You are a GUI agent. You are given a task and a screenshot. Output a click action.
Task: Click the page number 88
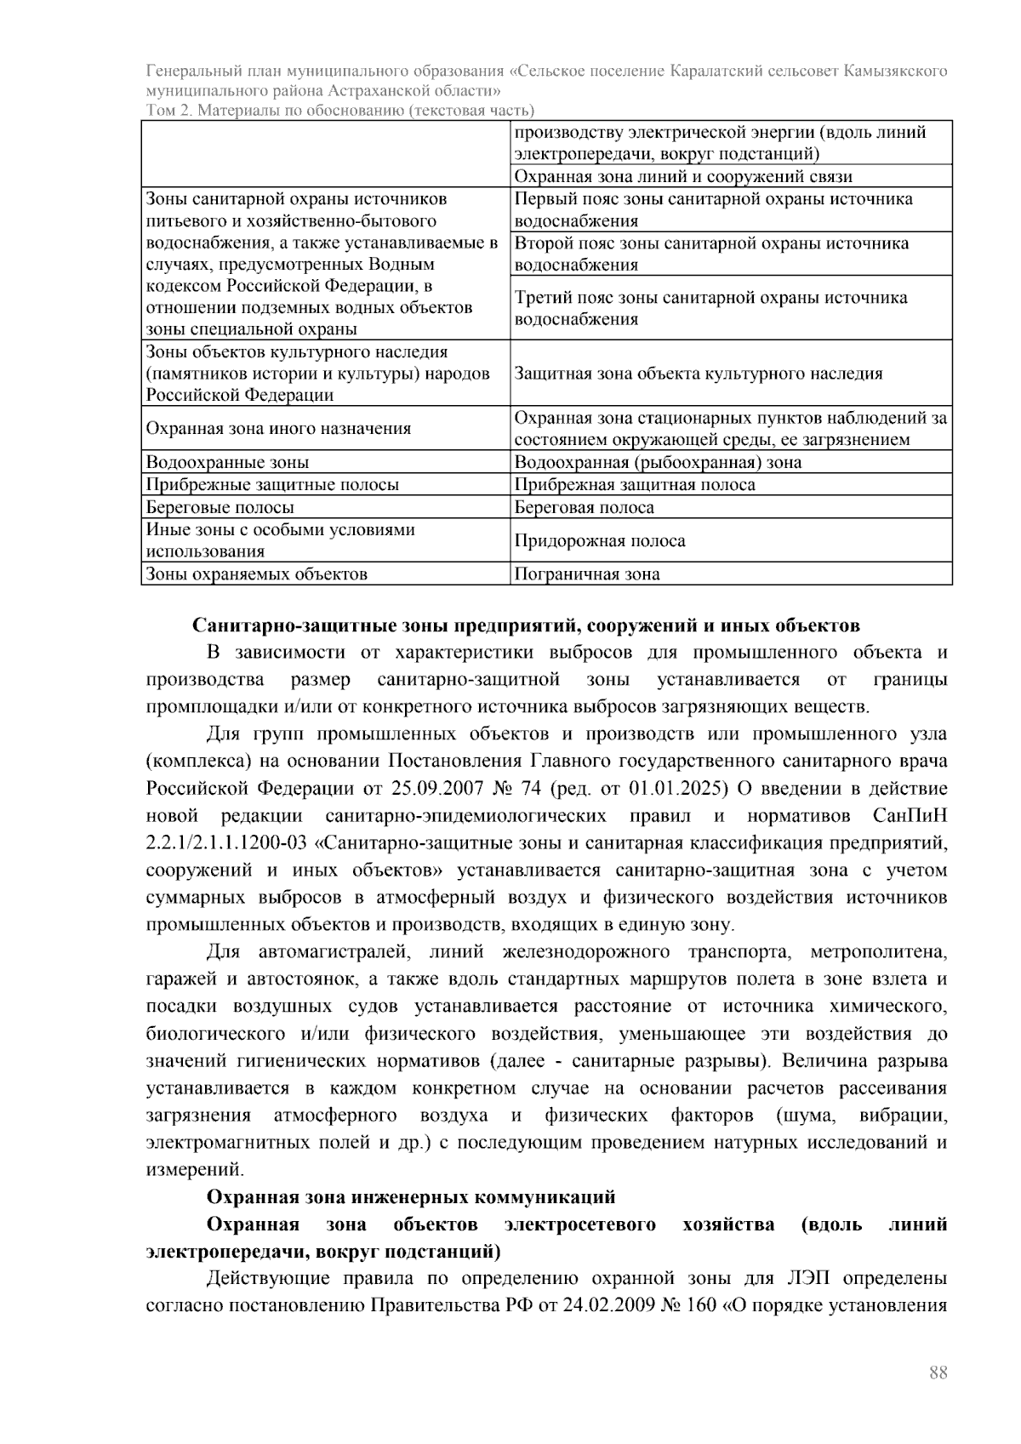[938, 1373]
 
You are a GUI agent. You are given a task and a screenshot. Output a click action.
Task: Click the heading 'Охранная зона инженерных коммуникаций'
[411, 1197]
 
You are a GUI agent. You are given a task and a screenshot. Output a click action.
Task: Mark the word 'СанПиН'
[910, 816]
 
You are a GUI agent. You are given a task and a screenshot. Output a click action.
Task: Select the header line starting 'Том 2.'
[340, 111]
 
